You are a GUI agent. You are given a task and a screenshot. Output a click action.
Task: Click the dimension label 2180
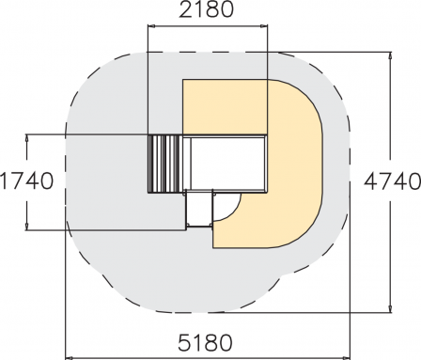(x=206, y=9)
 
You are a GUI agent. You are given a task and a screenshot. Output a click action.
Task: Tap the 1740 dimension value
(x=26, y=181)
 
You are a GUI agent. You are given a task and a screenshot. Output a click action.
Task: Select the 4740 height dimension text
(x=393, y=181)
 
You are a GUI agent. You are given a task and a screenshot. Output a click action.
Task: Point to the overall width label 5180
(x=206, y=342)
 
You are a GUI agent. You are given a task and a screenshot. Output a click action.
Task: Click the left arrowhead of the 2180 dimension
(x=151, y=27)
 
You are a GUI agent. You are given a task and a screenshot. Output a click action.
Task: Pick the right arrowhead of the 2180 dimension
(x=264, y=27)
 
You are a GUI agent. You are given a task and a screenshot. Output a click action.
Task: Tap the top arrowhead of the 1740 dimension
(x=27, y=138)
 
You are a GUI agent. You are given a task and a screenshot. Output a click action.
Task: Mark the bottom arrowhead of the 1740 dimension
(x=27, y=227)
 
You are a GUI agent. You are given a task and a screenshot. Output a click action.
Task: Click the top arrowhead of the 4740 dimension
(x=390, y=55)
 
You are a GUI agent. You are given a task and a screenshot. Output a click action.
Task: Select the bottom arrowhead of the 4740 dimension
(x=390, y=308)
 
